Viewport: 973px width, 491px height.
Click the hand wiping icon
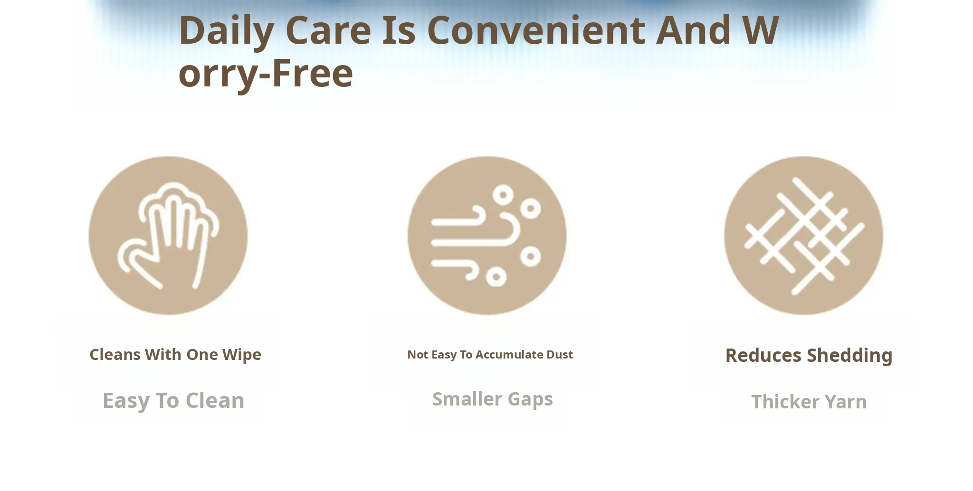pos(168,236)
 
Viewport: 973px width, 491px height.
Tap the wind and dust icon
pos(487,236)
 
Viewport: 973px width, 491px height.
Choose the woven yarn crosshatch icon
pos(804,236)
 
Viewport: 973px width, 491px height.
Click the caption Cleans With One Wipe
pos(175,355)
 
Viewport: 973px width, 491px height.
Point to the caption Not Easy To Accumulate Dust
pos(490,355)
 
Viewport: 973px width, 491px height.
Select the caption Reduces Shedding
pos(809,356)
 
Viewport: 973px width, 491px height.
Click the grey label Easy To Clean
pos(173,401)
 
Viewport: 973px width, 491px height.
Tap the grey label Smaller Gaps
pos(493,399)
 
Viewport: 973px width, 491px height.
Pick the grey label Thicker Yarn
pos(809,402)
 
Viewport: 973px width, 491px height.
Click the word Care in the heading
pos(328,30)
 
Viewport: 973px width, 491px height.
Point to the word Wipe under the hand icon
pos(242,355)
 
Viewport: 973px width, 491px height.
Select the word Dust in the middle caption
pos(560,355)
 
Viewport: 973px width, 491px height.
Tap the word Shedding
pos(850,356)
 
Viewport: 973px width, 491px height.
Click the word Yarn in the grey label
pos(846,402)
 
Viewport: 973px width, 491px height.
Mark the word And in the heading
pos(694,30)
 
